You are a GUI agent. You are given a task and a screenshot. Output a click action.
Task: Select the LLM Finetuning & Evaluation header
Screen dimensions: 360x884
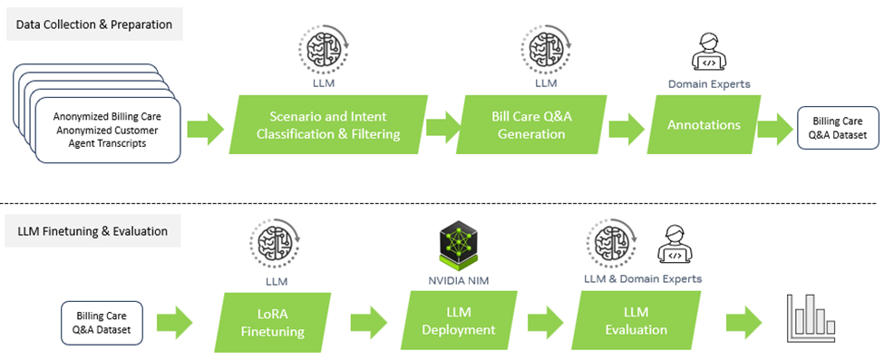pos(92,230)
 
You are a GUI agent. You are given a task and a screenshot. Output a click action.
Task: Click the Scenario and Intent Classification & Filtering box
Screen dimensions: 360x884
pos(328,125)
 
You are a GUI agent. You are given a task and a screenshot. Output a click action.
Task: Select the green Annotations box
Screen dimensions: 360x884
pos(704,125)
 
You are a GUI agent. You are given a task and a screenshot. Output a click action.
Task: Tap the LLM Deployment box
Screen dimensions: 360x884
pos(458,323)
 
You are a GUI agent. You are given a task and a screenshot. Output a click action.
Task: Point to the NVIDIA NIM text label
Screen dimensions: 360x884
pos(458,281)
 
